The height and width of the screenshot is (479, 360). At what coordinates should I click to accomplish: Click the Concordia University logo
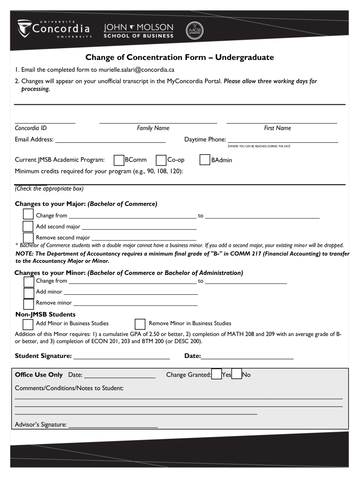[x=54, y=29]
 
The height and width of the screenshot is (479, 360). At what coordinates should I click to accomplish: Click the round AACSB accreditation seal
[x=194, y=30]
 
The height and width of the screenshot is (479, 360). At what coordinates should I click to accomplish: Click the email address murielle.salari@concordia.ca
[x=136, y=70]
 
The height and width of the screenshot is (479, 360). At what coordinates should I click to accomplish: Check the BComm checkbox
[x=119, y=160]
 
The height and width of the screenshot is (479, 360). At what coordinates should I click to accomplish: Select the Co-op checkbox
[x=161, y=160]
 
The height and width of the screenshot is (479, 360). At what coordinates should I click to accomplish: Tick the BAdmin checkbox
[x=205, y=160]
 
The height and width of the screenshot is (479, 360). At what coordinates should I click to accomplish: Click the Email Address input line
[x=110, y=139]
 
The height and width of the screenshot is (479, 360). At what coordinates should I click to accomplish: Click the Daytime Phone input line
[x=282, y=139]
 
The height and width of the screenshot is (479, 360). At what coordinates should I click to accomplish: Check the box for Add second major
[x=29, y=226]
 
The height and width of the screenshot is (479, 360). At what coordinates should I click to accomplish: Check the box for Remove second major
[x=29, y=238]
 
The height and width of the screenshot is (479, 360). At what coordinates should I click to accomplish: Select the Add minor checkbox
[x=29, y=292]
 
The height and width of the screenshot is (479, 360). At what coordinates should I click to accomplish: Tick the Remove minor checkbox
[x=29, y=303]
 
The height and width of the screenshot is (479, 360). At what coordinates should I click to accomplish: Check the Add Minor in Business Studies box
[x=28, y=324]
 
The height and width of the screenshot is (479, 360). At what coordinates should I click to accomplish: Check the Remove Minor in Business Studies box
[x=140, y=324]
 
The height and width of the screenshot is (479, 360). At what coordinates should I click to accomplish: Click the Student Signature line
[x=122, y=356]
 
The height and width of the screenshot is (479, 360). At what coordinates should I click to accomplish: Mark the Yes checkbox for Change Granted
[x=216, y=375]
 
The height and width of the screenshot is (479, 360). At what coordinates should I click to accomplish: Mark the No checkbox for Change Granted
[x=237, y=375]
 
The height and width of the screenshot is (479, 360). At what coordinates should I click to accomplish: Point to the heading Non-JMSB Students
[x=45, y=314]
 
